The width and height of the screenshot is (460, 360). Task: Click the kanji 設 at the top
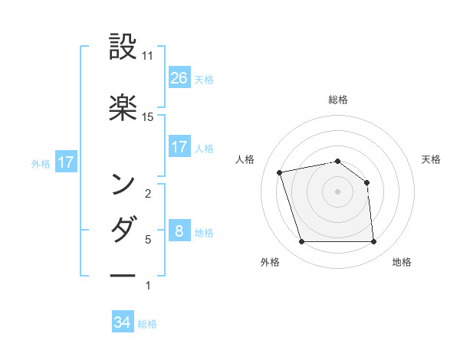pyautogui.click(x=123, y=46)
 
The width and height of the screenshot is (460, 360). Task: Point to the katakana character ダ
pyautogui.click(x=123, y=229)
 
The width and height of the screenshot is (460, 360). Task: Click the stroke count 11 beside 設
pyautogui.click(x=148, y=56)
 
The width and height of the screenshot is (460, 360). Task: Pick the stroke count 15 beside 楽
pyautogui.click(x=148, y=117)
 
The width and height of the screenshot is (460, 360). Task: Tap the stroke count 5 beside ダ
pyautogui.click(x=148, y=240)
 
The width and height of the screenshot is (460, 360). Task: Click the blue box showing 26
pyautogui.click(x=179, y=77)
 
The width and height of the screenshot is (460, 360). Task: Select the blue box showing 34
pyautogui.click(x=123, y=322)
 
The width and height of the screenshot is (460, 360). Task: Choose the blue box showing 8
pyautogui.click(x=179, y=231)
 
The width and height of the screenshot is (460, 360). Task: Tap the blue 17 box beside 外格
pyautogui.click(x=66, y=162)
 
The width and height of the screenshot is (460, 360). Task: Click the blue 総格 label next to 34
pyautogui.click(x=147, y=324)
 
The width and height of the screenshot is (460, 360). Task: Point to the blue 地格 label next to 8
pyautogui.click(x=204, y=232)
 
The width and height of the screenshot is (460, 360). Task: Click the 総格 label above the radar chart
pyautogui.click(x=338, y=100)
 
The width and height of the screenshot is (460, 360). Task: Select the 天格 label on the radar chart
pyautogui.click(x=432, y=159)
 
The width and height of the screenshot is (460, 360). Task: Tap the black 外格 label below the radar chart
pyautogui.click(x=270, y=262)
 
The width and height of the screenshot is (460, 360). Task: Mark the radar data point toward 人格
pyautogui.click(x=280, y=172)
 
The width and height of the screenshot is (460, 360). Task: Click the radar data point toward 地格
pyautogui.click(x=374, y=242)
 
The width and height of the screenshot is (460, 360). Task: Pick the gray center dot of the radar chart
pyautogui.click(x=338, y=191)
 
